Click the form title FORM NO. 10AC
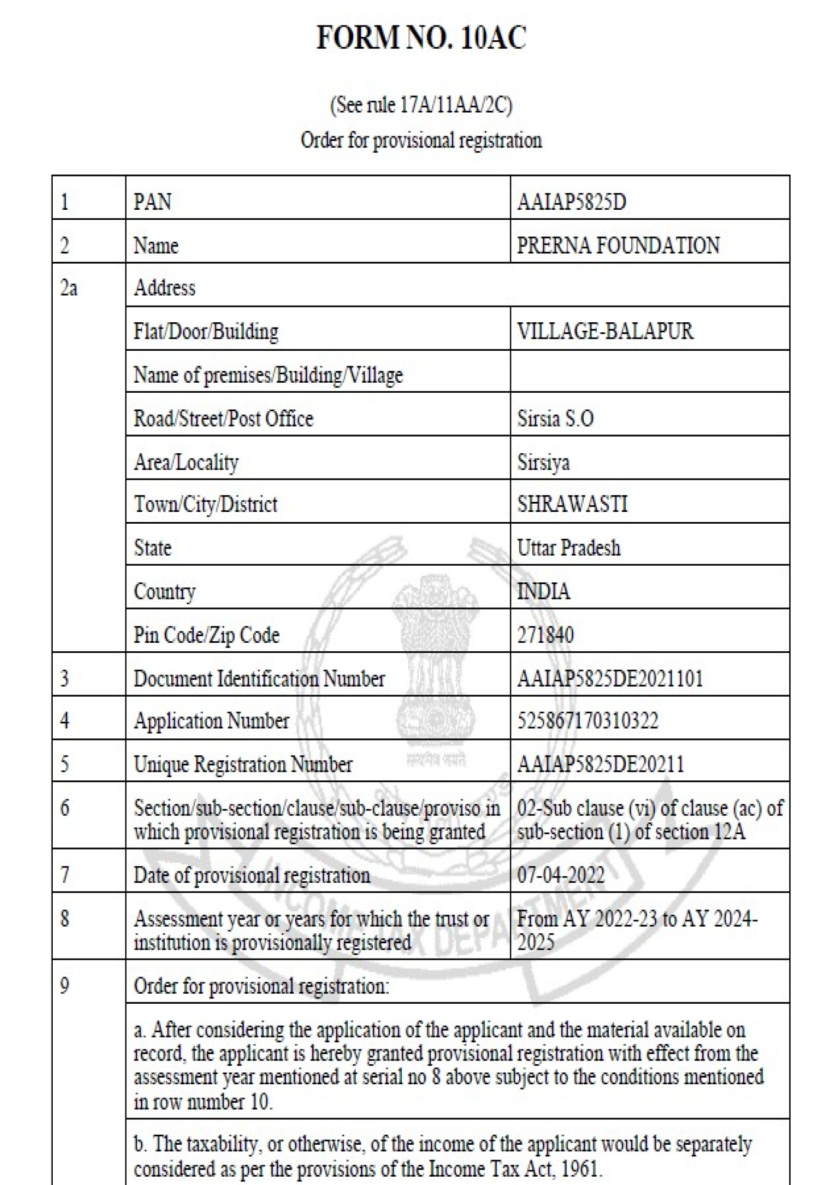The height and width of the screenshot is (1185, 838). click(x=421, y=38)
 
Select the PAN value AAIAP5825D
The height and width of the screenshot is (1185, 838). click(x=571, y=202)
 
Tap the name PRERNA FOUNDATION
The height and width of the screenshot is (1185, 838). click(x=618, y=245)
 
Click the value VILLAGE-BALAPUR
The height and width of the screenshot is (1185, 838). click(x=605, y=331)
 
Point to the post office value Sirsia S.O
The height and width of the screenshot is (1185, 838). click(x=555, y=418)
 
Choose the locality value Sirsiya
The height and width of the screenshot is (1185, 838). click(x=543, y=462)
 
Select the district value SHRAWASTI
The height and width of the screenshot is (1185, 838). click(x=572, y=504)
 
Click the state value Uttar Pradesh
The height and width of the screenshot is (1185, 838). click(x=569, y=547)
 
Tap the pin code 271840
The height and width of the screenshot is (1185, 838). click(x=545, y=635)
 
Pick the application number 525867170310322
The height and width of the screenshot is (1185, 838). click(x=587, y=720)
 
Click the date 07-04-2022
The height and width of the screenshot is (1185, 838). click(x=561, y=875)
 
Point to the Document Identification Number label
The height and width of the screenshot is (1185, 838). click(x=259, y=678)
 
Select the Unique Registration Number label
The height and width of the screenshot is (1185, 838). click(x=243, y=764)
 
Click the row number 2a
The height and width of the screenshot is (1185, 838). click(x=69, y=289)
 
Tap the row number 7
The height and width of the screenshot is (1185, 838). click(x=65, y=875)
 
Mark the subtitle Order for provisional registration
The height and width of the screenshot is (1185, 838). click(x=421, y=140)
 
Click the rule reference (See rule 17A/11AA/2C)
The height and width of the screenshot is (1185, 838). click(x=421, y=105)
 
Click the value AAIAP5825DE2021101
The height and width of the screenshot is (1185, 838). click(x=610, y=678)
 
